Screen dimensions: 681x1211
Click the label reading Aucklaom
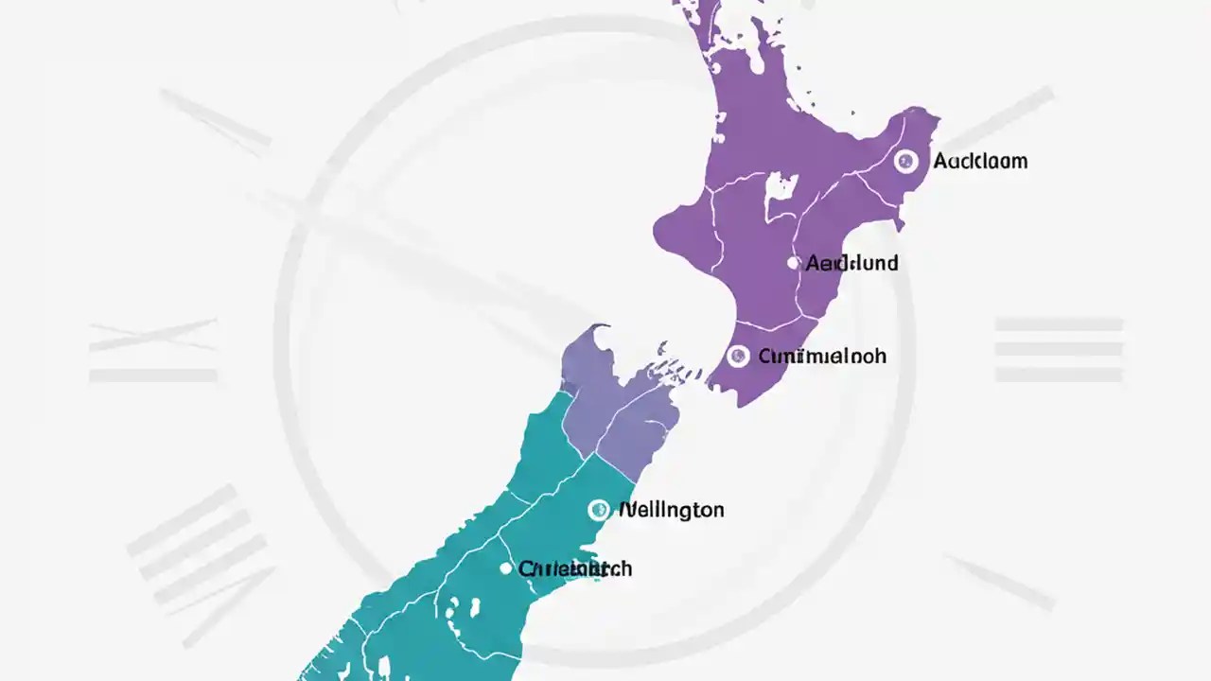coord(980,161)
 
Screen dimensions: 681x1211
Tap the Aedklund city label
coord(851,263)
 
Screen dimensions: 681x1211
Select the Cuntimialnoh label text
coord(822,357)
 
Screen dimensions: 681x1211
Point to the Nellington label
coord(671,510)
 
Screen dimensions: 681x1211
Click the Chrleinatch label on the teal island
coord(575,568)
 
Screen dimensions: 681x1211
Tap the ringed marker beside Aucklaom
coord(905,161)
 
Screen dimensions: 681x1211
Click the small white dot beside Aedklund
coord(793,263)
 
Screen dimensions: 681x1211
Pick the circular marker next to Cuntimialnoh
coord(739,357)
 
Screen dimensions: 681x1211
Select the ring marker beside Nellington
coord(598,510)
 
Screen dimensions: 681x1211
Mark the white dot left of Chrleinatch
coord(505,568)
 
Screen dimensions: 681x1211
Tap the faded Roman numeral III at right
coord(1059,350)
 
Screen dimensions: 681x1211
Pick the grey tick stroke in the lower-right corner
coord(1003,582)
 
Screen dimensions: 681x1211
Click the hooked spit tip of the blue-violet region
coord(597,329)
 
